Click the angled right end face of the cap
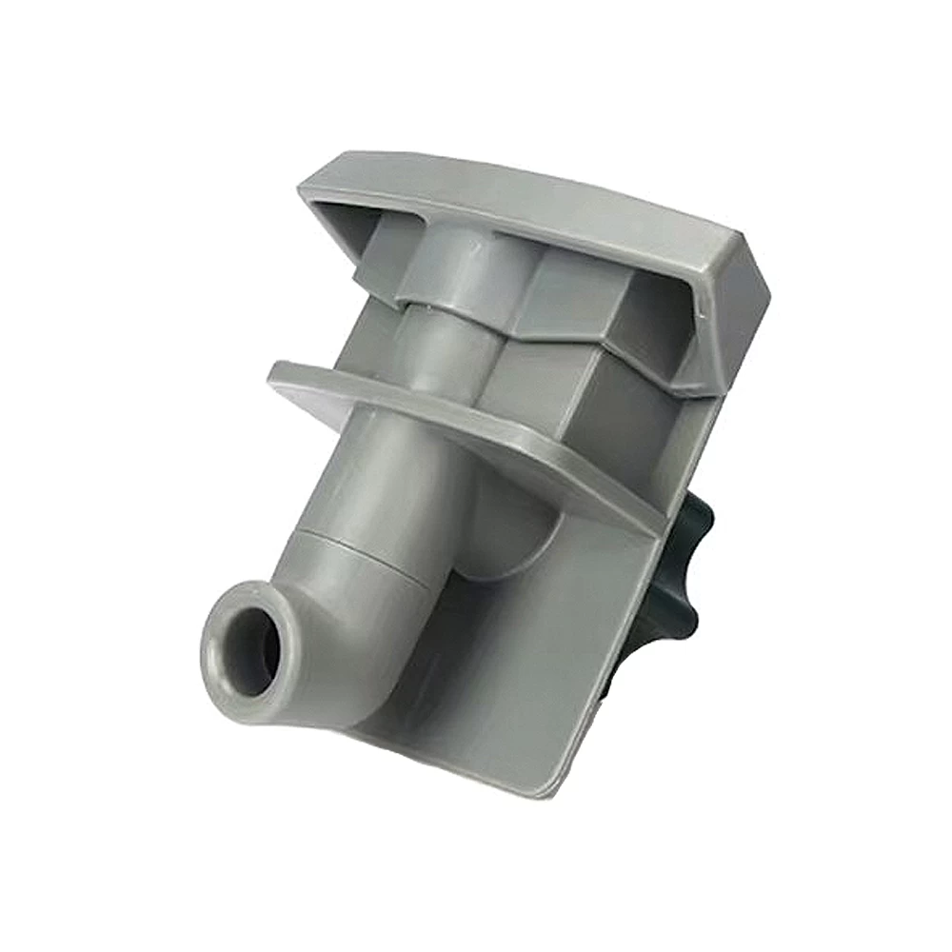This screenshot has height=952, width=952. pyautogui.click(x=738, y=305)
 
